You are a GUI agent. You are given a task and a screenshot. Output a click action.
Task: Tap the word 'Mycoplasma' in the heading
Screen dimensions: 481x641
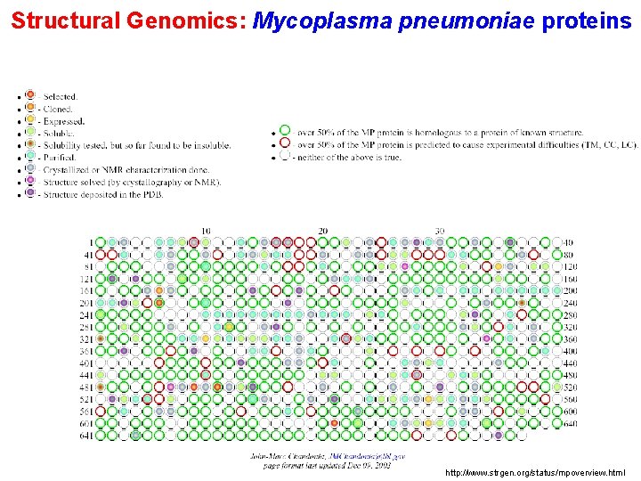(321, 20)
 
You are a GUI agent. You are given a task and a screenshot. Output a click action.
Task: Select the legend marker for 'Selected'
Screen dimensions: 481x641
(30, 95)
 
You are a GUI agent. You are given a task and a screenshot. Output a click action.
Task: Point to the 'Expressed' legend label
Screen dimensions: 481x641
(63, 121)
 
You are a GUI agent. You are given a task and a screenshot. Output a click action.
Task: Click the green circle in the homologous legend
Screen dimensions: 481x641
(284, 131)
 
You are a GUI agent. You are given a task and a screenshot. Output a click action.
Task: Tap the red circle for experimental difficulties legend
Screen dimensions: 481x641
(284, 143)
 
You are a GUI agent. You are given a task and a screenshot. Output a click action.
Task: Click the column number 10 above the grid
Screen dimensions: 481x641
(206, 231)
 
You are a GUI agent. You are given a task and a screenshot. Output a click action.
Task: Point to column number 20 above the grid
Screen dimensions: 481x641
(322, 231)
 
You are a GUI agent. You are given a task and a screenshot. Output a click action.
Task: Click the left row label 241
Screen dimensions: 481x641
(85, 314)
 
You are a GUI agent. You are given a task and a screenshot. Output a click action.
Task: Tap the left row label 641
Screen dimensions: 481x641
(85, 436)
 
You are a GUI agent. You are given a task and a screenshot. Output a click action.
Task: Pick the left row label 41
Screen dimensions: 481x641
(87, 254)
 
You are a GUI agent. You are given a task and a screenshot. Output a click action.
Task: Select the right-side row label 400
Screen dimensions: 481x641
(569, 351)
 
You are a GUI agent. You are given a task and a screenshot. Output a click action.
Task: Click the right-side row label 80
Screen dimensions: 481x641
(568, 254)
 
